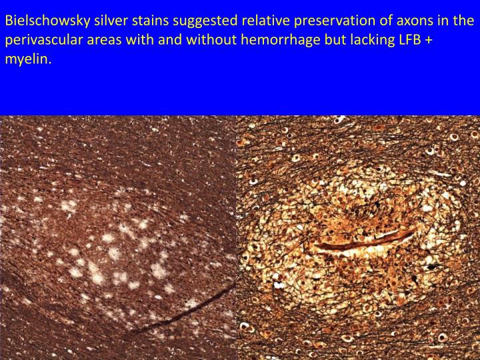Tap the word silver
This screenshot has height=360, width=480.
102,20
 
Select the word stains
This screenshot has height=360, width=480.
141,20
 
